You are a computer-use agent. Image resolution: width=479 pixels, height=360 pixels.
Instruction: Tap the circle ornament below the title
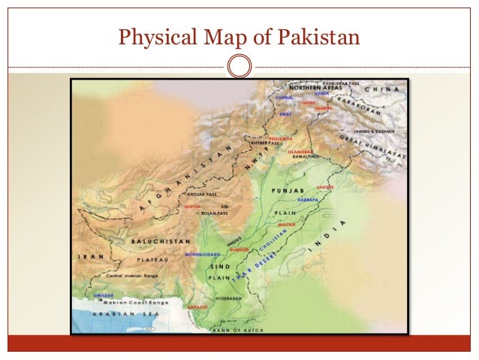(x=239, y=66)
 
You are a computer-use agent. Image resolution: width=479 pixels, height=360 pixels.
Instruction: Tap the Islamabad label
(x=300, y=152)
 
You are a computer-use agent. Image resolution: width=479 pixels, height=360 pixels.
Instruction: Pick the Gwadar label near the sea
(x=103, y=295)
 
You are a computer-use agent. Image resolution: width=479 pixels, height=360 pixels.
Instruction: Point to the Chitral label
(x=284, y=97)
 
